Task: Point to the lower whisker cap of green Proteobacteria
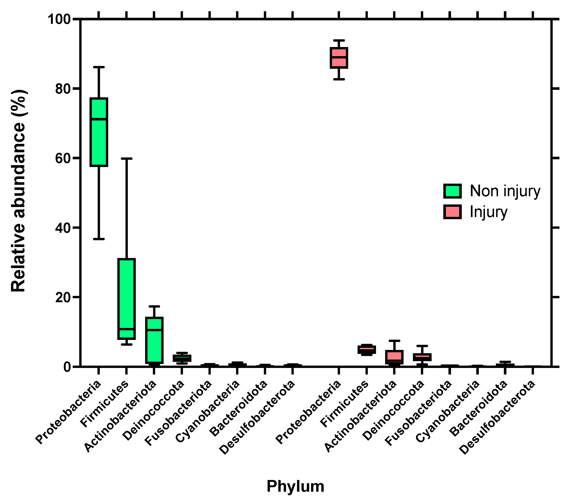[99, 239]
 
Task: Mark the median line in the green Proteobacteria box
[99, 119]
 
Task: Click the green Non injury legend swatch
[452, 191]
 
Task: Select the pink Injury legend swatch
[452, 212]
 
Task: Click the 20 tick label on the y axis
[63, 297]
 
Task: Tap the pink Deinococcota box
[422, 357]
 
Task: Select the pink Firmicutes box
[367, 350]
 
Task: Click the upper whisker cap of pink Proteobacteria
[339, 40]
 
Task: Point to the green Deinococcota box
[182, 358]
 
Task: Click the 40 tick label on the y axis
[63, 228]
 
